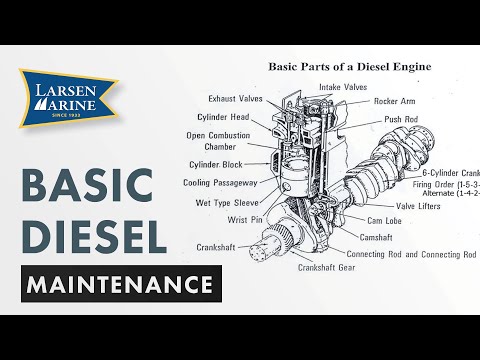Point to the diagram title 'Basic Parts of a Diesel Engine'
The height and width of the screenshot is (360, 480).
(349, 67)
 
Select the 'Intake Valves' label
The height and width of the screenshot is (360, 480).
(342, 87)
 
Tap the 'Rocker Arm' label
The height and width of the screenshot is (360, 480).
(396, 101)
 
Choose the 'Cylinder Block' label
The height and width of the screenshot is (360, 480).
(217, 164)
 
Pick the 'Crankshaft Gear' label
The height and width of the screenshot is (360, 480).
(326, 269)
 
